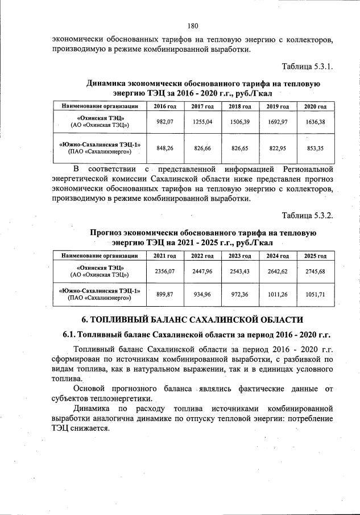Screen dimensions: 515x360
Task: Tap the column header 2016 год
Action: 164,106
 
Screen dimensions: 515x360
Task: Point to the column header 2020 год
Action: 315,106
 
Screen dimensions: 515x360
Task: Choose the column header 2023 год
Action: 239,256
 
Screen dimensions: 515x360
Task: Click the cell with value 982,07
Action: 164,122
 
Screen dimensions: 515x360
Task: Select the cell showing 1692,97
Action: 277,122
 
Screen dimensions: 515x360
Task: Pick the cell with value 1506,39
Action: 239,122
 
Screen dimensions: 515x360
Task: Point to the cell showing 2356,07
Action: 164,271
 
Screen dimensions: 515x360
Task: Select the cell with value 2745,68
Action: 315,271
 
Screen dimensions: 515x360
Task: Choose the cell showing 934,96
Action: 202,295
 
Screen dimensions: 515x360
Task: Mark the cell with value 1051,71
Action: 315,295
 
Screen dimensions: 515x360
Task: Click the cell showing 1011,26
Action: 277,295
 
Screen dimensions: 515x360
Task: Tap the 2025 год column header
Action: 315,256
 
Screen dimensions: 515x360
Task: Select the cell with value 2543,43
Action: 239,271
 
